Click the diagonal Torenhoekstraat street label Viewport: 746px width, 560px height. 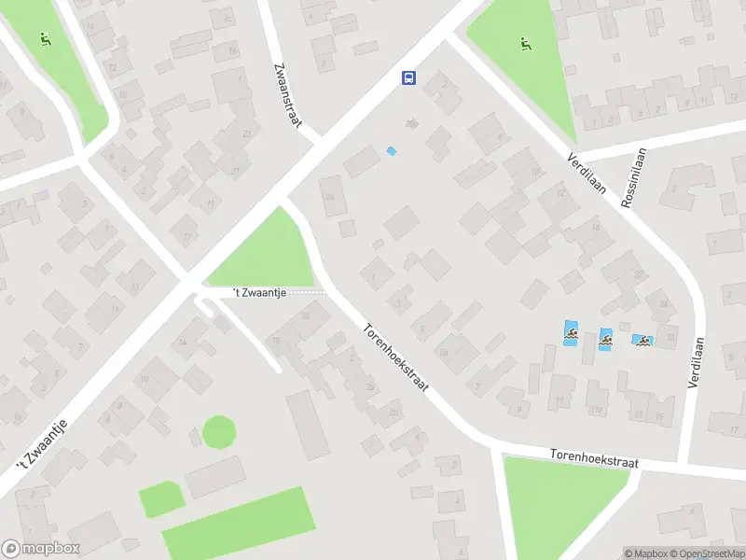pos(395,357)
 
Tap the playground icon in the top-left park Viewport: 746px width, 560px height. pos(44,39)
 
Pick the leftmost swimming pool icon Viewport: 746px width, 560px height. pos(570,332)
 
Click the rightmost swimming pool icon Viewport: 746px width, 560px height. pos(642,341)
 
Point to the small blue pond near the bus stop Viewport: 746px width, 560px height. pos(392,150)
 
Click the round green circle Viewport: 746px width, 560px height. pos(219,431)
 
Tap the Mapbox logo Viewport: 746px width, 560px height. pos(40,549)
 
